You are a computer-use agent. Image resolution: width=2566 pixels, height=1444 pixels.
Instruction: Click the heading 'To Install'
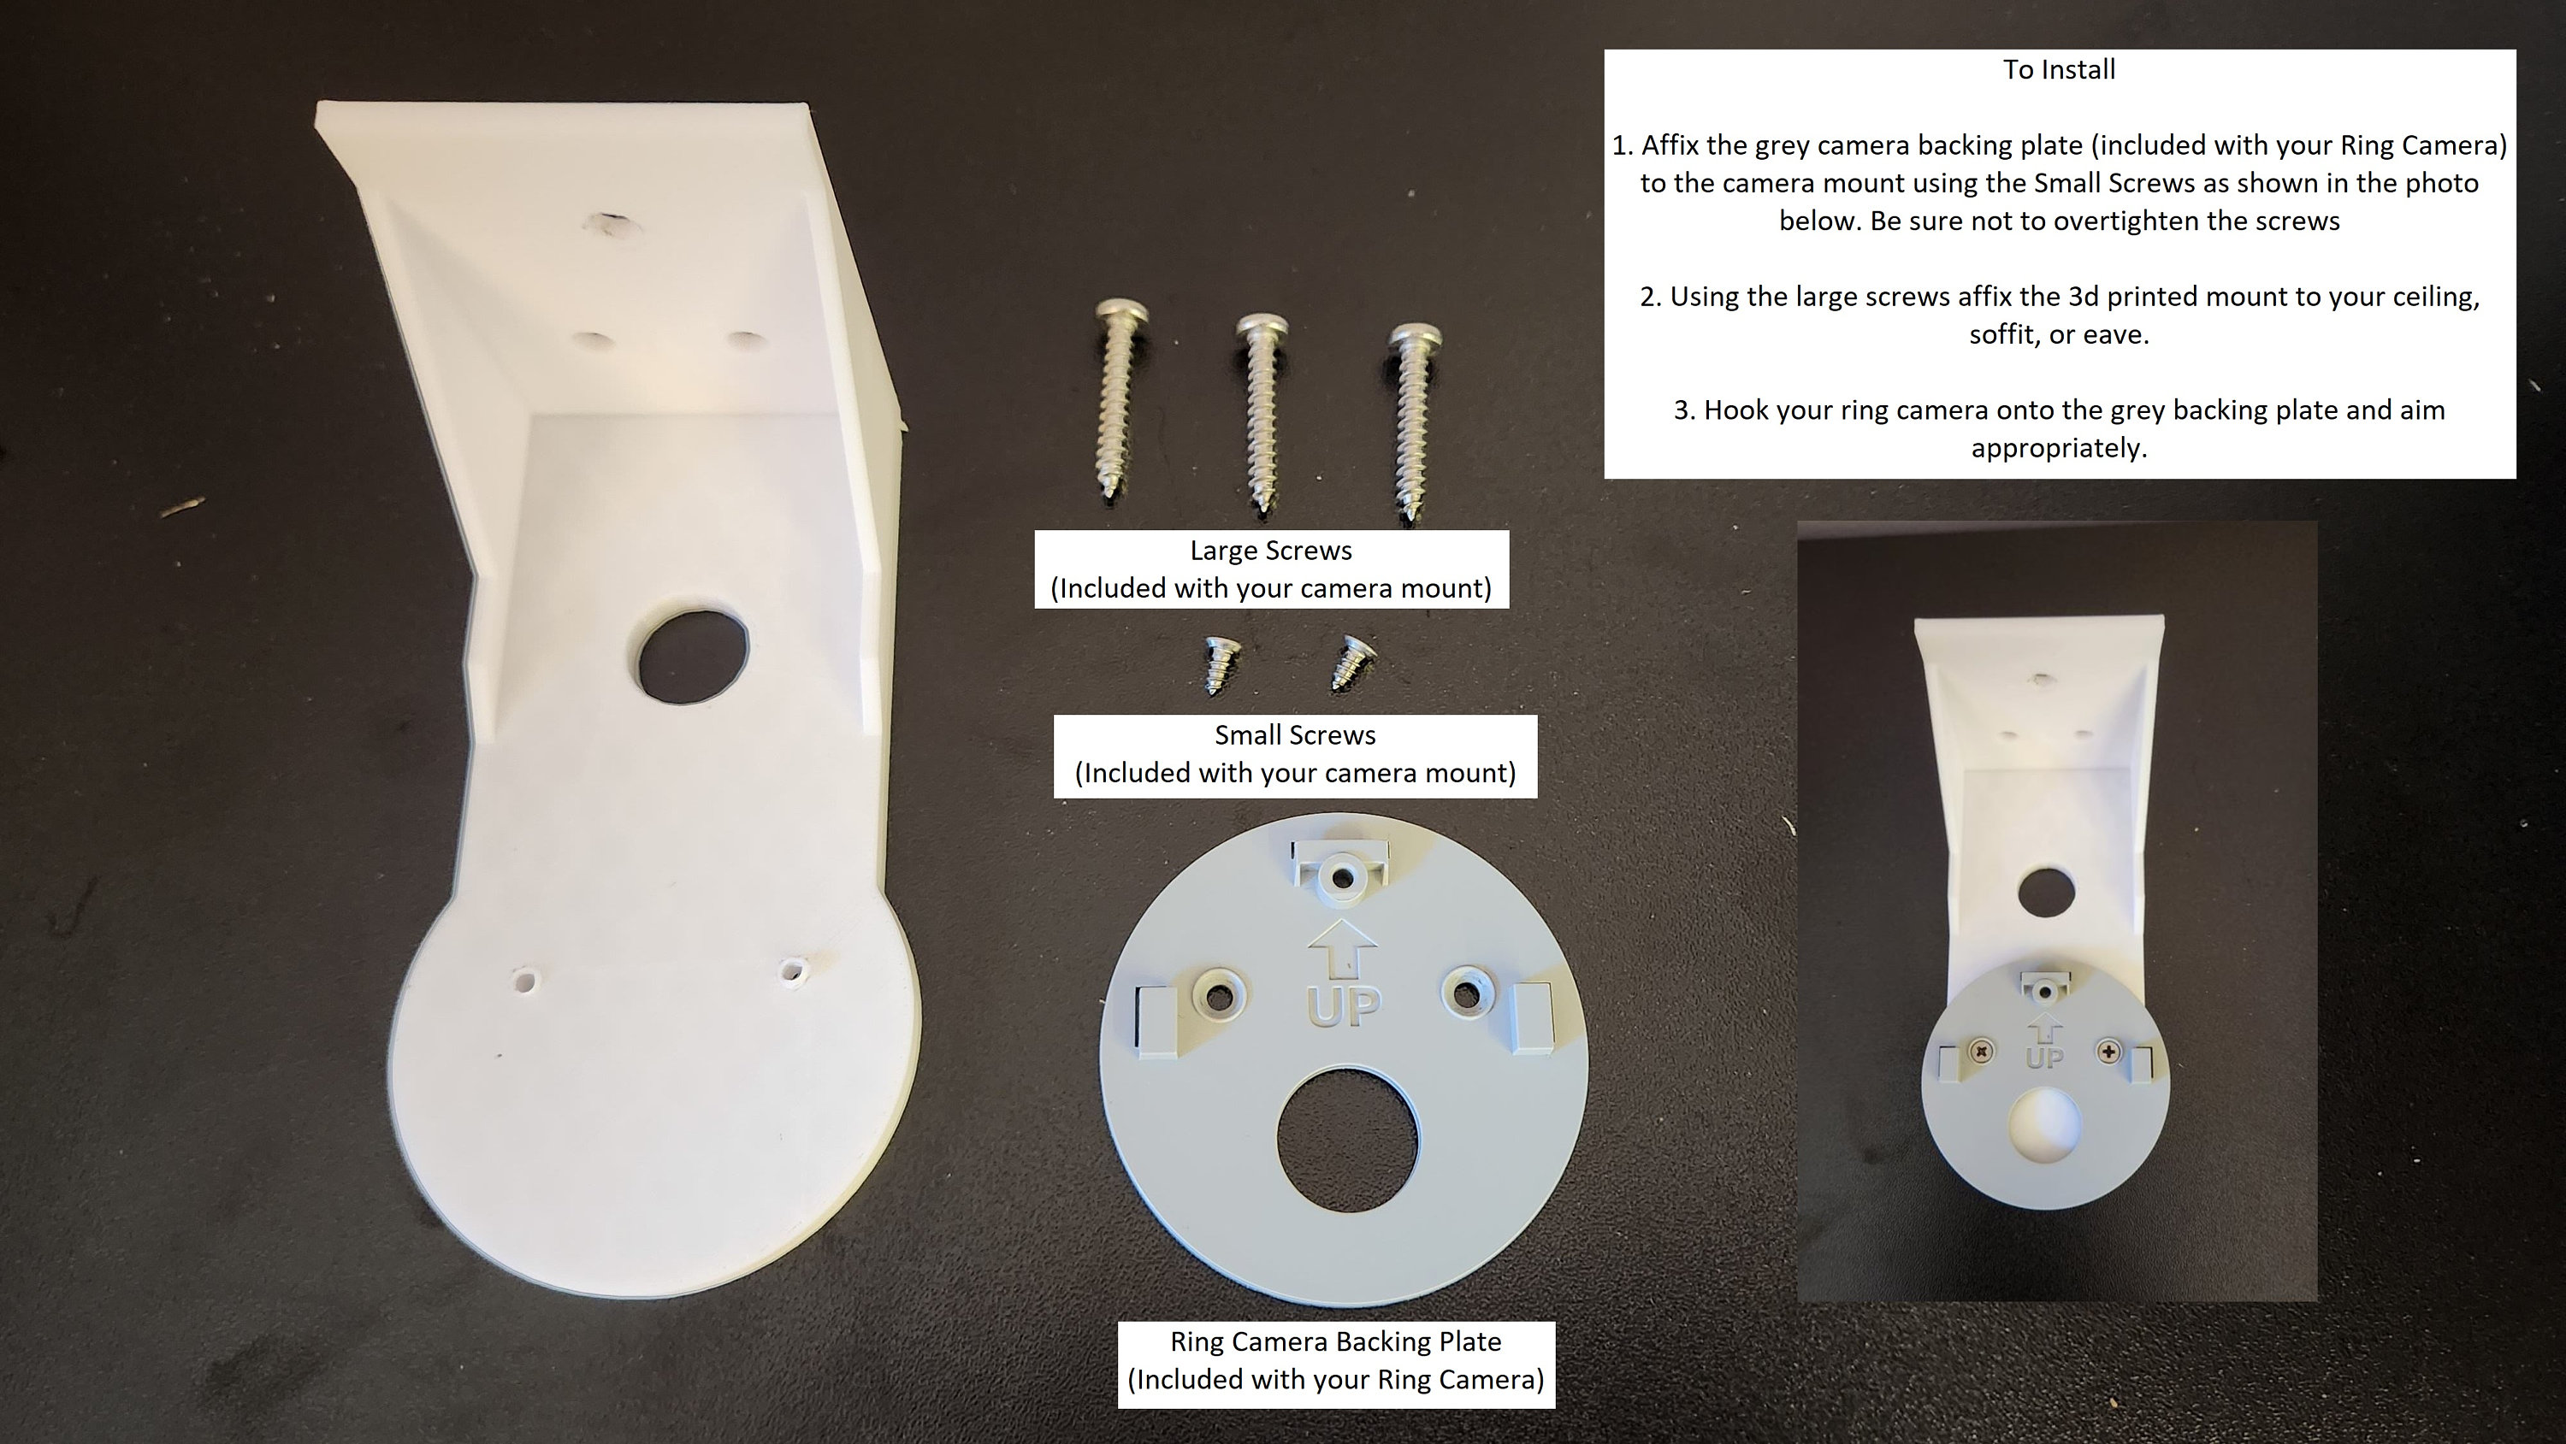click(2059, 70)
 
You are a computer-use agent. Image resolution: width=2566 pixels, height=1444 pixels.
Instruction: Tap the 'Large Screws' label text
click(1271, 551)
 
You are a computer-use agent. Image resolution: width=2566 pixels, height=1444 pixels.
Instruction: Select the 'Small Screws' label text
click(1295, 735)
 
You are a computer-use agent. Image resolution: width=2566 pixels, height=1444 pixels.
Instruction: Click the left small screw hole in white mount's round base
click(523, 978)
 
